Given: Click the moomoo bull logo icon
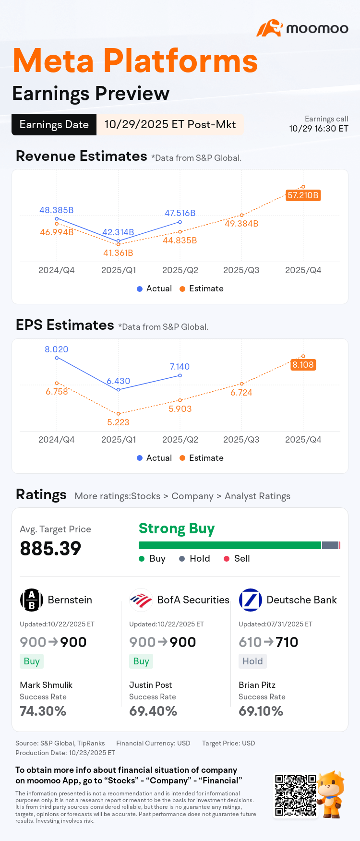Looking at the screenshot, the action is click(x=269, y=28).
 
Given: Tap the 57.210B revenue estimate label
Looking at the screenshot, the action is click(x=303, y=195).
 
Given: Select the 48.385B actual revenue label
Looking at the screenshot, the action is click(x=57, y=210).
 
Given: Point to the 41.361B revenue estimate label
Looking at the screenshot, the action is click(x=118, y=253).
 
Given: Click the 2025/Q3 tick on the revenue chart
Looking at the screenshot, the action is click(x=241, y=270).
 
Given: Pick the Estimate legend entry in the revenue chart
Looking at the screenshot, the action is click(x=202, y=288).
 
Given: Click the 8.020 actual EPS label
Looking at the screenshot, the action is click(x=57, y=349).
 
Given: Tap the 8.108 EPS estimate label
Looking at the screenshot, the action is click(x=303, y=365).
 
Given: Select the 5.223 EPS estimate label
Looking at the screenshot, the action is click(x=118, y=422).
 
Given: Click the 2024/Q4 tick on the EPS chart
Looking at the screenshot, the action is click(x=57, y=440).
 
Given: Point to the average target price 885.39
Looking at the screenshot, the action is click(x=50, y=548).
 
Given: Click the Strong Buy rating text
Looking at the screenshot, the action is click(x=177, y=529).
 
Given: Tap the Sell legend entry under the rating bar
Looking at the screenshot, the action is click(x=237, y=558).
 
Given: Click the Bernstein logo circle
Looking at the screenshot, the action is click(x=32, y=600).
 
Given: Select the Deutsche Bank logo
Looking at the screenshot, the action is click(x=251, y=600).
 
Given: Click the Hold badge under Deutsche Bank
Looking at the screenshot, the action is click(x=252, y=661).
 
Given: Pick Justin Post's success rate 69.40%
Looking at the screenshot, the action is click(x=153, y=711).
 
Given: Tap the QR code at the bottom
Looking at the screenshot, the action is click(x=296, y=795).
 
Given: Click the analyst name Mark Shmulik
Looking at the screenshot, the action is click(x=46, y=685).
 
